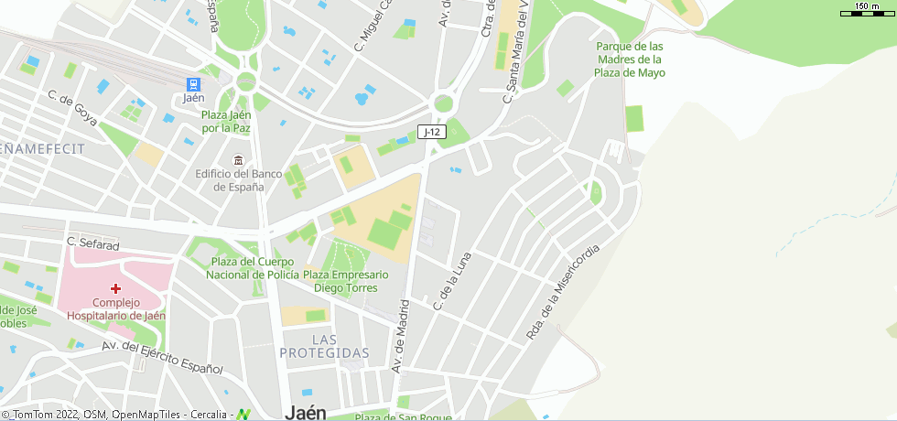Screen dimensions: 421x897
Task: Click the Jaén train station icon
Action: click(x=192, y=82)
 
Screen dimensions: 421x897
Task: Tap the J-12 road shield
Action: click(x=432, y=132)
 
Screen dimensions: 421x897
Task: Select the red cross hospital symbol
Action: click(x=115, y=288)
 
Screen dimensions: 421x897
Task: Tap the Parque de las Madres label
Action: click(x=629, y=59)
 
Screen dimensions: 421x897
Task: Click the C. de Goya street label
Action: click(x=72, y=107)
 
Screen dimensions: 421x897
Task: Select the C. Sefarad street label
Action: click(x=92, y=244)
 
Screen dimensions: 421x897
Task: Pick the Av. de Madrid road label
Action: click(x=398, y=337)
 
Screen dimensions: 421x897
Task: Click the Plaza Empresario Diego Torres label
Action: click(x=345, y=281)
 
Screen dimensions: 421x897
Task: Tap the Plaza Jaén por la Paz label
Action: click(x=226, y=122)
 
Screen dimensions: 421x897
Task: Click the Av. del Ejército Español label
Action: click(x=162, y=358)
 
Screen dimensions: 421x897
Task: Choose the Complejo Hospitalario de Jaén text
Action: click(x=115, y=309)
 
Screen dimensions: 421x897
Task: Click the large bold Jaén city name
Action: click(x=305, y=412)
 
